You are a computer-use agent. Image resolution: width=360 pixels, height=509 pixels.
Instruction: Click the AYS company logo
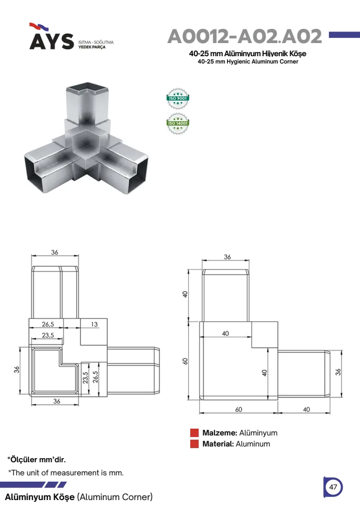[x=52, y=36]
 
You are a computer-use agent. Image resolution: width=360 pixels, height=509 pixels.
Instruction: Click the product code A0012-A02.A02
[x=245, y=36]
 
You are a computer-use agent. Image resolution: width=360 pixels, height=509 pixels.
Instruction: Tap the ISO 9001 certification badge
[x=178, y=98]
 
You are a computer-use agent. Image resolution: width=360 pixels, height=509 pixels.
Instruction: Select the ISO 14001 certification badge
[x=178, y=123]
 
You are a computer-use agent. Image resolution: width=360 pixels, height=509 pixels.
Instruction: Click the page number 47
[x=333, y=487]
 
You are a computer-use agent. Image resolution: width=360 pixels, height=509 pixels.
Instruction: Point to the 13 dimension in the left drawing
[x=94, y=324]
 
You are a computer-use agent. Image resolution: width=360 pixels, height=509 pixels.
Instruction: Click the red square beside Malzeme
[x=194, y=433]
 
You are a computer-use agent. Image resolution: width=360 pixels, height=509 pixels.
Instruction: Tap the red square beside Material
[x=194, y=444]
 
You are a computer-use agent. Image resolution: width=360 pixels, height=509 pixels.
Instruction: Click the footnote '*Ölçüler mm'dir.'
[x=36, y=460]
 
